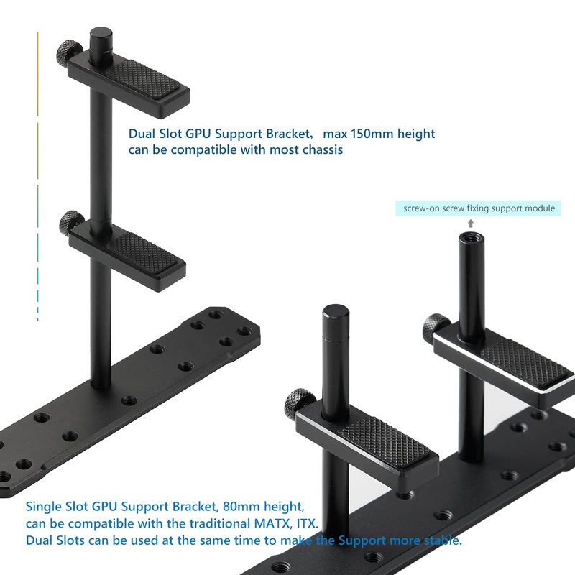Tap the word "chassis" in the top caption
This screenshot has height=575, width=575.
click(320, 150)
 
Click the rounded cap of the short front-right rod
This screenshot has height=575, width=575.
click(336, 314)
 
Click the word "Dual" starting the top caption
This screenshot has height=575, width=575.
click(142, 134)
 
